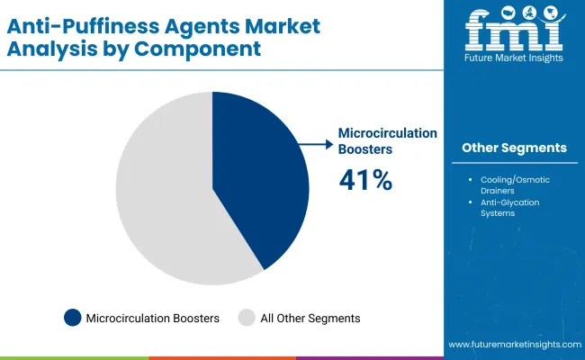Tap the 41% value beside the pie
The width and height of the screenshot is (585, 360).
(365, 180)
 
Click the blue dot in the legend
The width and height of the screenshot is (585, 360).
(72, 318)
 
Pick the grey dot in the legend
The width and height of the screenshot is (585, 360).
(245, 318)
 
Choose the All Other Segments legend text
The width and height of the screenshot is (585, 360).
(310, 318)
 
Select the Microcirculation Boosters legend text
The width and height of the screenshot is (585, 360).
(153, 318)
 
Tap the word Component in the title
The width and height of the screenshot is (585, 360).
(200, 48)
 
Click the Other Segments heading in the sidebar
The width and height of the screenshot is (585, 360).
(514, 148)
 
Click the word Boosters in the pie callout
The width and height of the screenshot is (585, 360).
(367, 149)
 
